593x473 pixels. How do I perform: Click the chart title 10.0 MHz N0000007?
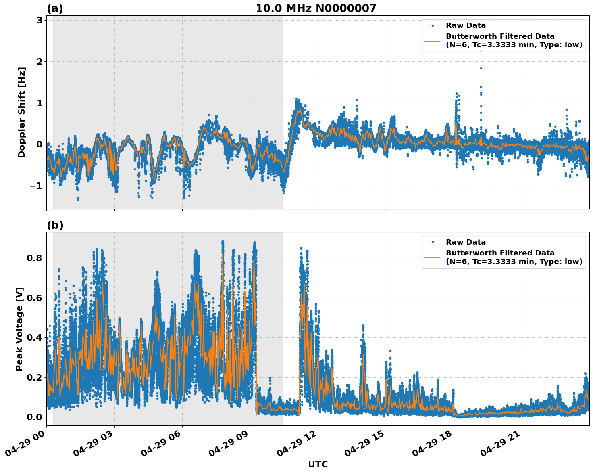[x=316, y=8]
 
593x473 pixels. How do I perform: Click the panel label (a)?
[x=55, y=8]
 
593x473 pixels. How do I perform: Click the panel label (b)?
[x=55, y=225]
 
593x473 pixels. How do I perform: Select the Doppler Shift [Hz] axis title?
[x=22, y=112]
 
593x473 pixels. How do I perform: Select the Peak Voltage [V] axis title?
[x=19, y=329]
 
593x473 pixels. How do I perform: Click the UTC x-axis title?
[x=318, y=464]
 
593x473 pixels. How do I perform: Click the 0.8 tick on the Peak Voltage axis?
[x=34, y=258]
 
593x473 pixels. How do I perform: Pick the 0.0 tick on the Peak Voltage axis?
[x=34, y=417]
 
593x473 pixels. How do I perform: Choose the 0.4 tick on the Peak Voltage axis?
[x=34, y=337]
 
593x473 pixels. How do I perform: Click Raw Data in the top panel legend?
[x=466, y=25]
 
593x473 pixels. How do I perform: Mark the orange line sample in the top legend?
[x=432, y=41]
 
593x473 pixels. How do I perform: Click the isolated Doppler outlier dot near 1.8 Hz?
[x=481, y=68]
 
